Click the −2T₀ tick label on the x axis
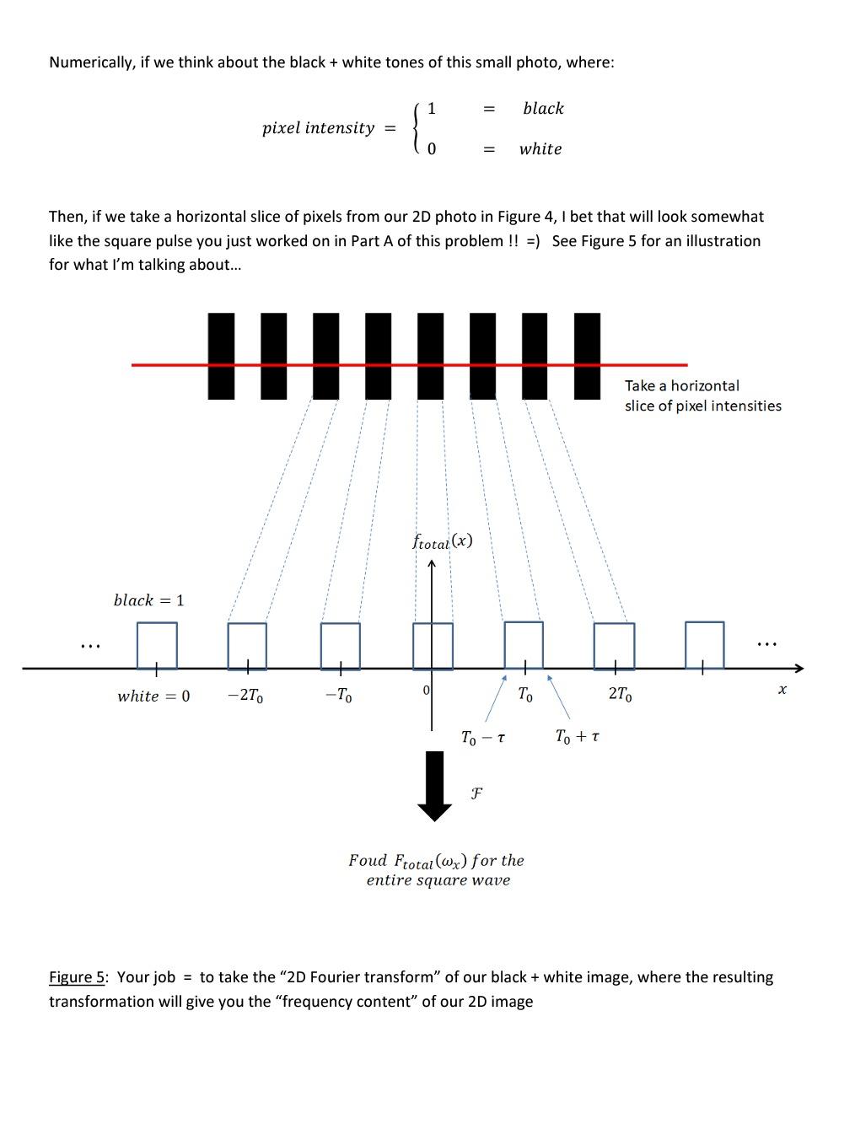coord(245,696)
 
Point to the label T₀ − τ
coord(483,738)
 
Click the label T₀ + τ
coord(578,737)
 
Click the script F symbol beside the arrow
coord(476,793)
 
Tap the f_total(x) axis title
coord(442,541)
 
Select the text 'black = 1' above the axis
coord(148,600)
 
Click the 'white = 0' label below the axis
coord(153,696)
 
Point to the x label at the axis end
coord(782,690)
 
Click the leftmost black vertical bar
coord(221,355)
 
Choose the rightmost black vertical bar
coord(587,355)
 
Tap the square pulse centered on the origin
coord(433,646)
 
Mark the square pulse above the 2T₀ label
coord(614,646)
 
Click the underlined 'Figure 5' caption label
coord(78,977)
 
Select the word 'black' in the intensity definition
coord(543,109)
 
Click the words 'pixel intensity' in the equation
coord(318,128)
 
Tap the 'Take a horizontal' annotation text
coord(681,385)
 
